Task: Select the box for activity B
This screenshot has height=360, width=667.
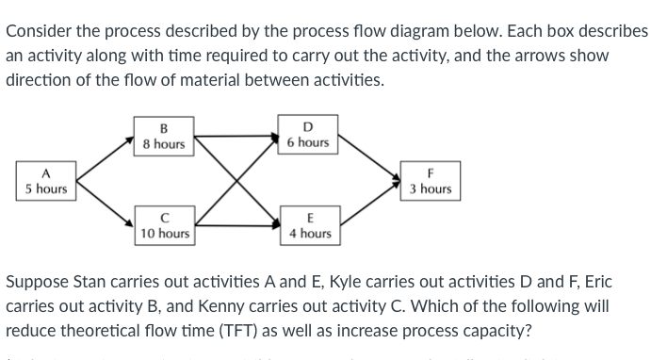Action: point(163,136)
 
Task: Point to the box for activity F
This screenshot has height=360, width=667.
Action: point(431,181)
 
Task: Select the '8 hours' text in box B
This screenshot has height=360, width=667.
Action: point(163,144)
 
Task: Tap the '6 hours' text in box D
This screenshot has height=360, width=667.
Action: point(307,142)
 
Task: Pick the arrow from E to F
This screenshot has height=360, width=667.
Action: point(369,206)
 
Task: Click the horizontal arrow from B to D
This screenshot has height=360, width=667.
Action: point(236,136)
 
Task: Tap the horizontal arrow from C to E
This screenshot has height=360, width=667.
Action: point(236,224)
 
